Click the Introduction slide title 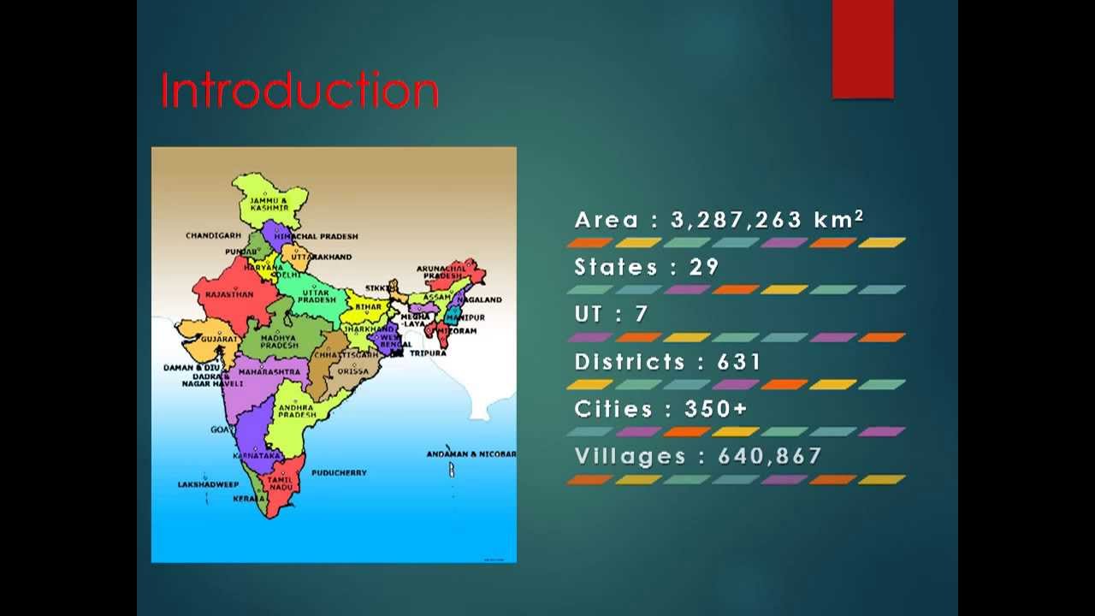[299, 90]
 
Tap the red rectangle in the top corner [862, 49]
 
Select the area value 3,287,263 [737, 220]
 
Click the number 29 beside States [704, 267]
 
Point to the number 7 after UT [641, 314]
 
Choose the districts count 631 [739, 362]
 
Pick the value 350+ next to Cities [716, 409]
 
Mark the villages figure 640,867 [770, 456]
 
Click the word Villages [630, 456]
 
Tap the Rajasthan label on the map [229, 294]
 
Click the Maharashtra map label [269, 372]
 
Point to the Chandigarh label [213, 235]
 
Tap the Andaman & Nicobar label [471, 453]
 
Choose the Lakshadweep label [208, 484]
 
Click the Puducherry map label [339, 472]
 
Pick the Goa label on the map [220, 429]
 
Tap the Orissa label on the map [352, 371]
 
